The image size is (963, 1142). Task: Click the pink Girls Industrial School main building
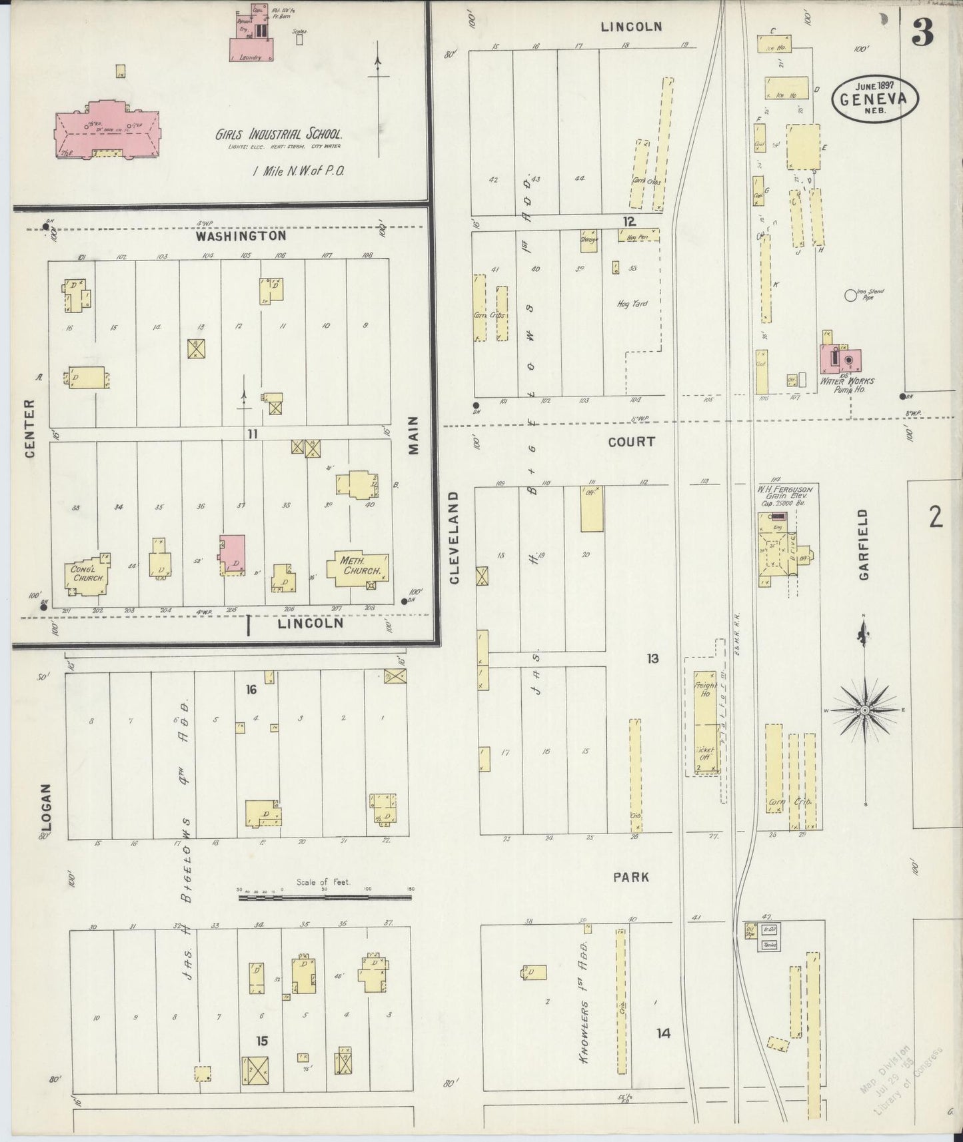coord(107,127)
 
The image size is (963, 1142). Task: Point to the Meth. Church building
coord(359,568)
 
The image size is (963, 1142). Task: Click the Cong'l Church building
coord(87,574)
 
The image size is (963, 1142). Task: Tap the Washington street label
coord(241,236)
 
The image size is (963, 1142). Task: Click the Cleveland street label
coord(455,538)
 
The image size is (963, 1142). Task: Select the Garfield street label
coord(864,544)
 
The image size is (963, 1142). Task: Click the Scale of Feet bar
coord(325,897)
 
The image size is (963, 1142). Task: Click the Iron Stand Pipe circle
coord(850,294)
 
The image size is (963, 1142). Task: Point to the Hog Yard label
coord(632,304)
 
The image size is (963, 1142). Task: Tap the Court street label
coord(631,441)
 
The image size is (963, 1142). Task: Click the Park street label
coord(631,877)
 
